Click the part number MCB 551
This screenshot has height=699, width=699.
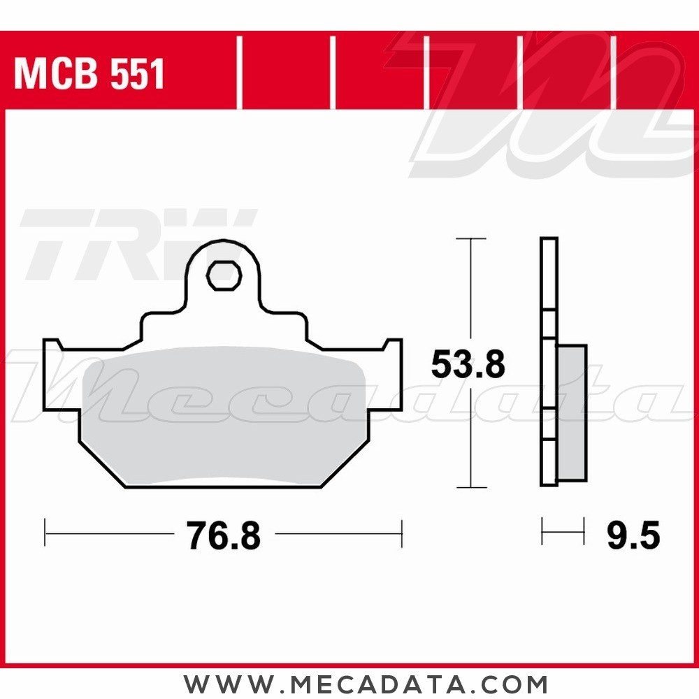(x=89, y=74)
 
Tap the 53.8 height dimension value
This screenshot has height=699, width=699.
(x=468, y=365)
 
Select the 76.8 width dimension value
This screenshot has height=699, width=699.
(x=224, y=536)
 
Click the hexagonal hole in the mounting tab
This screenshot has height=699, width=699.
(x=224, y=275)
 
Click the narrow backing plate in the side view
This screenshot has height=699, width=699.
(x=549, y=363)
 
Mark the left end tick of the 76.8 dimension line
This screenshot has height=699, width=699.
(x=45, y=534)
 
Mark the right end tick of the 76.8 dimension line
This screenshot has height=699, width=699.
(x=402, y=534)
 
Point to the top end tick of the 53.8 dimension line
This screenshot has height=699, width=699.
(x=471, y=239)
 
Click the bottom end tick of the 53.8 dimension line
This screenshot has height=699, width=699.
(x=471, y=487)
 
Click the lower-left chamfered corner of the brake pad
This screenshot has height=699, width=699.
(x=101, y=465)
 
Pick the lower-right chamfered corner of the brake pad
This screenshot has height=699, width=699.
(x=343, y=465)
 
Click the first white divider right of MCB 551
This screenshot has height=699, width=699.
(x=239, y=73)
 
